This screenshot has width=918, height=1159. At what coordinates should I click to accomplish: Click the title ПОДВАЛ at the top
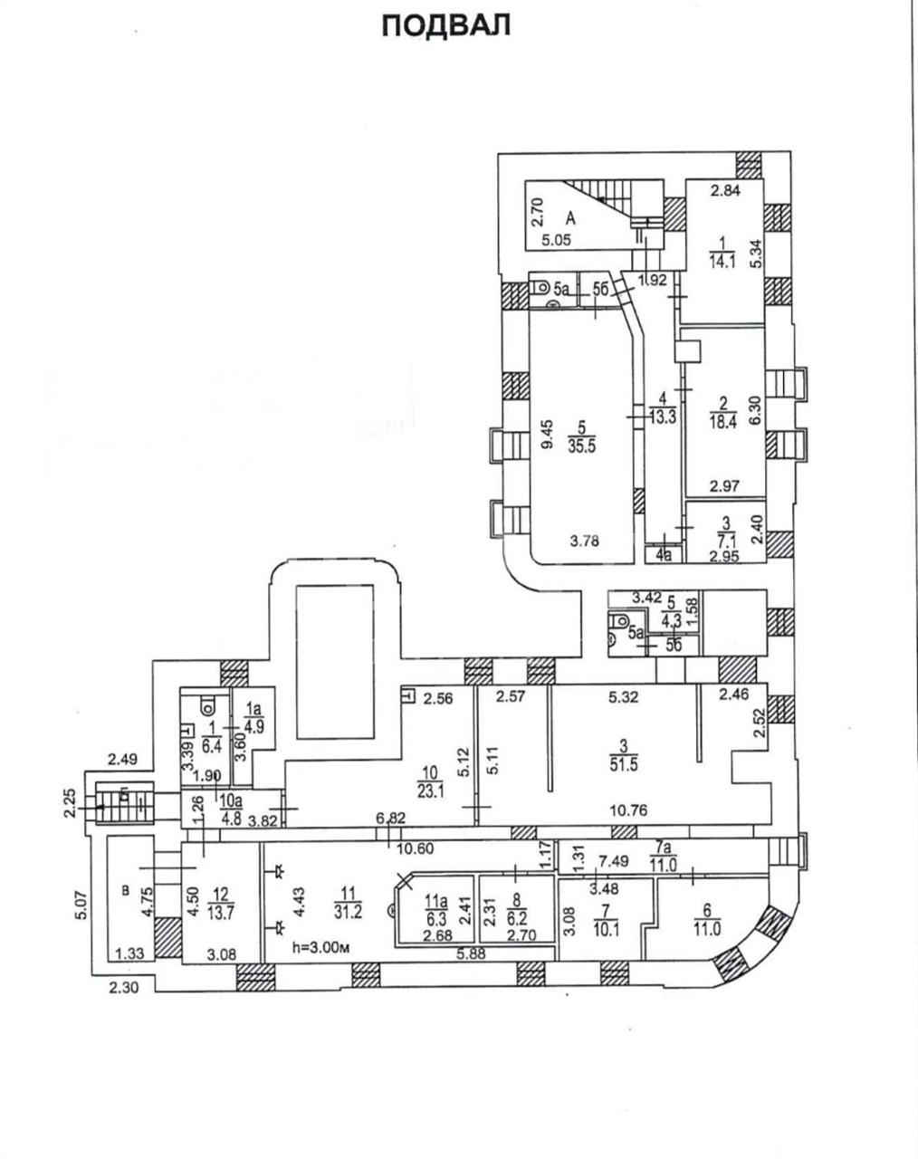click(x=446, y=25)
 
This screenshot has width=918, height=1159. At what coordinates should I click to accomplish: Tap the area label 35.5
click(x=581, y=445)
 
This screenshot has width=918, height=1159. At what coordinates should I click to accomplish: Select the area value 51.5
click(x=624, y=763)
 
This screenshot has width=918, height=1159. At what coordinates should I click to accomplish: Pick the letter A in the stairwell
click(x=571, y=218)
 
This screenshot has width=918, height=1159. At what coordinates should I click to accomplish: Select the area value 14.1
click(x=722, y=263)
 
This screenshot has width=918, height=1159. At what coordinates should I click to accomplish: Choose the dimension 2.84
click(x=725, y=189)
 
